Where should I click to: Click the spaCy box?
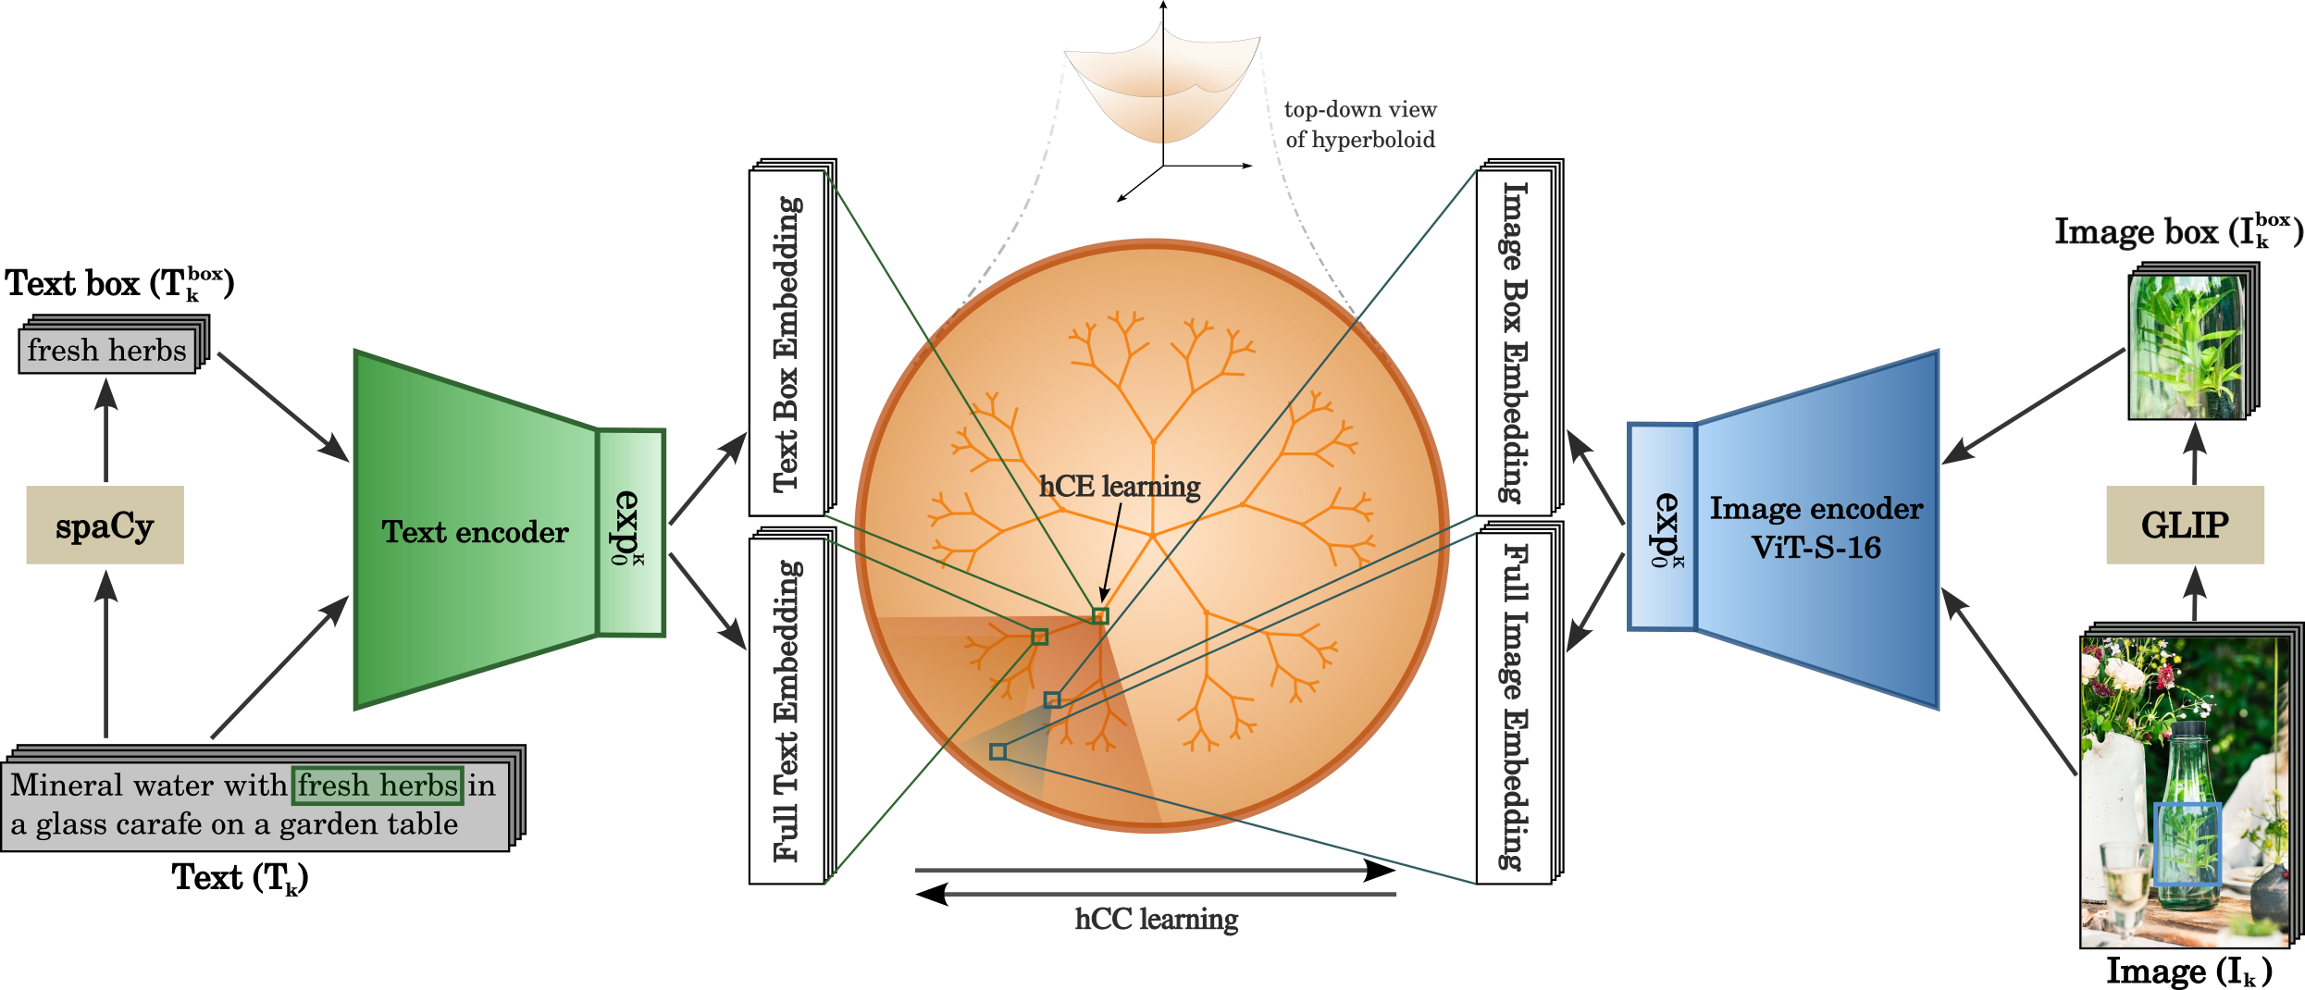(105, 525)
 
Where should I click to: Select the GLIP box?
(2185, 525)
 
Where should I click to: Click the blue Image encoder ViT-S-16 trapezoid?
(1816, 528)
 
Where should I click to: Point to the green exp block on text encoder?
(630, 532)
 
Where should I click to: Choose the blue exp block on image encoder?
(1662, 527)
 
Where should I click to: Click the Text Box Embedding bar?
(787, 342)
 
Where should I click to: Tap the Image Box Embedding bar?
(1515, 342)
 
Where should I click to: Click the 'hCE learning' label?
(1120, 487)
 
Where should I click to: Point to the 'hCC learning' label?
(1157, 920)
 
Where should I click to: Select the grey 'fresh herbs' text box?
(107, 351)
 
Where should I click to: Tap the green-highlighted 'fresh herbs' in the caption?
(378, 786)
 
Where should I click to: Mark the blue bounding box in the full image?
(2187, 844)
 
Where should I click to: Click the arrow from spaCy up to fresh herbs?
(106, 430)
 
